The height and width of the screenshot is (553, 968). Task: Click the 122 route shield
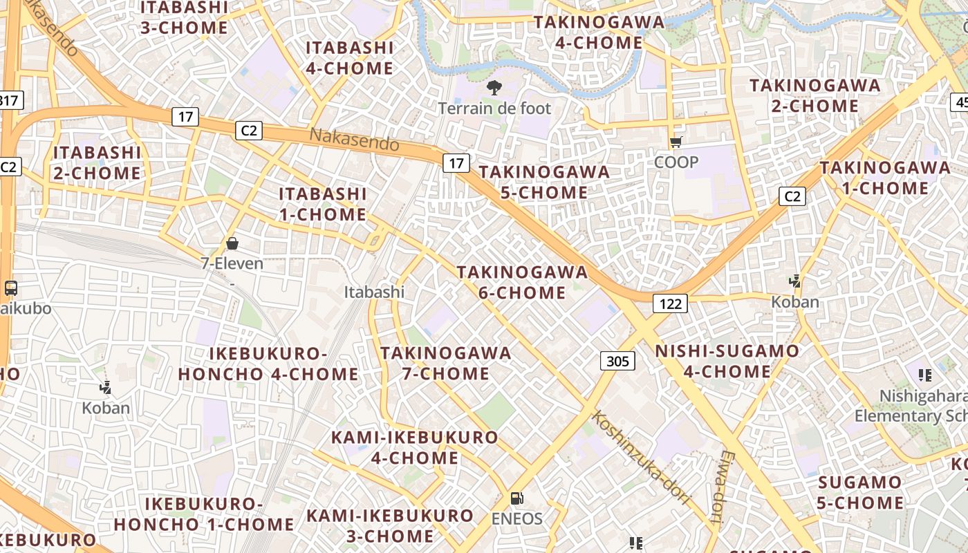tap(670, 303)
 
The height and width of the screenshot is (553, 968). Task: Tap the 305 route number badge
tap(617, 361)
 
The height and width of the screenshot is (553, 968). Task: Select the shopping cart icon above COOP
tap(676, 142)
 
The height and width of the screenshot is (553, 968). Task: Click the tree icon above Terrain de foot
tap(494, 88)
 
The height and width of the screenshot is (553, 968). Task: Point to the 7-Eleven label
tap(232, 263)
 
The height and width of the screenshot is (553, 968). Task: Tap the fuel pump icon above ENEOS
tap(516, 498)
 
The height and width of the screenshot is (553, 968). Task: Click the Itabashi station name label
tap(374, 292)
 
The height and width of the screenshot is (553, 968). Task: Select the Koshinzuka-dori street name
tap(641, 457)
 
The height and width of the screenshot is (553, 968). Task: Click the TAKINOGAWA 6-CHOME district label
tap(522, 282)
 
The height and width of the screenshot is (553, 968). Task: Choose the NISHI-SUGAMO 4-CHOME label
tap(727, 361)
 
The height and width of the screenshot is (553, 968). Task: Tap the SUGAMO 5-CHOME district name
tap(860, 492)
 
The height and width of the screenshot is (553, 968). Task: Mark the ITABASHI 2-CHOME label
tap(97, 162)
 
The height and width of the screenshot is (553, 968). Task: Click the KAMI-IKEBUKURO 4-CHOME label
tap(414, 447)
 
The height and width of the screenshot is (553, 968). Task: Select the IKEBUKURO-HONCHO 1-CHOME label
tap(204, 514)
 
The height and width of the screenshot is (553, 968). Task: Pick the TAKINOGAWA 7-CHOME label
tap(445, 363)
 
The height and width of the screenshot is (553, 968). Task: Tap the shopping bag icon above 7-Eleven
tap(232, 243)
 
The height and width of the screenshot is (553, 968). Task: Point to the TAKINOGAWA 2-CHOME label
tap(815, 95)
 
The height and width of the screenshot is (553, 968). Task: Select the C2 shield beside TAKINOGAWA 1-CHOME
tap(792, 196)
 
